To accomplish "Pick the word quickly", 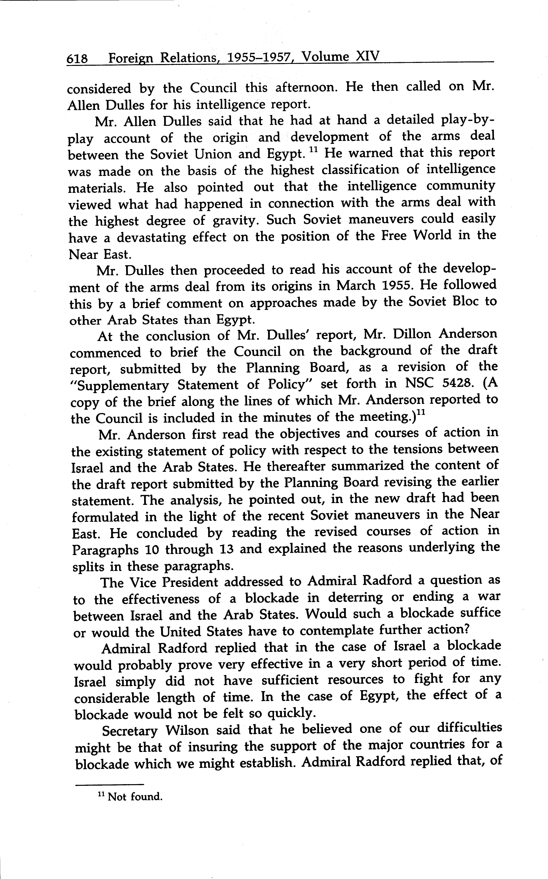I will (289, 714).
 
